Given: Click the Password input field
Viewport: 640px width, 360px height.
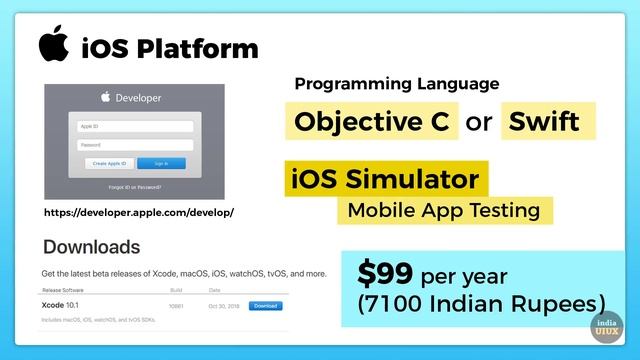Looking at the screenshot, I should [135, 144].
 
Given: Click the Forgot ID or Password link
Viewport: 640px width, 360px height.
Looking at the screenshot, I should [134, 187].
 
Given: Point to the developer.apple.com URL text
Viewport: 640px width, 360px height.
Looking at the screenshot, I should [139, 213].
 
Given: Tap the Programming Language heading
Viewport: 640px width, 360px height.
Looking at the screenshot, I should [397, 84].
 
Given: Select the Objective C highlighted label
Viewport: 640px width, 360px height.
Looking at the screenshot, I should [372, 122].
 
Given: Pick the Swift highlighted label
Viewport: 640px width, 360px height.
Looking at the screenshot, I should [544, 122].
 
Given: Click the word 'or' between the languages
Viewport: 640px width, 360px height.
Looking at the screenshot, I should [480, 123].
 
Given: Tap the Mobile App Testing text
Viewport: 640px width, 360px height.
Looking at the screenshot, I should [443, 210].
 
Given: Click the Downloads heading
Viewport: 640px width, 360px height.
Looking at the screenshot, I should [91, 247].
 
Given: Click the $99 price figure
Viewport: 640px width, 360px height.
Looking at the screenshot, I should [386, 273].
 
